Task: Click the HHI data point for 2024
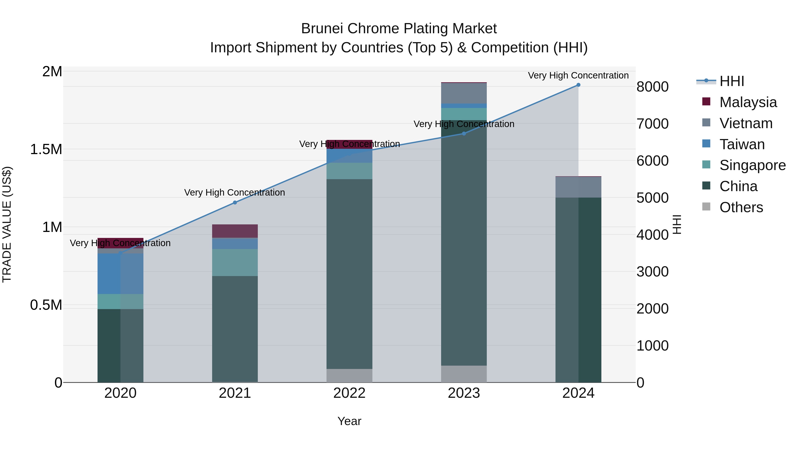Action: coord(578,85)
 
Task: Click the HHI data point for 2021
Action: coord(235,203)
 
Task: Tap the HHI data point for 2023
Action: coord(464,133)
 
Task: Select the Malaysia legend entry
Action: coord(748,102)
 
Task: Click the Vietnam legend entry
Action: coord(746,123)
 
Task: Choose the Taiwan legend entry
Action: coord(742,144)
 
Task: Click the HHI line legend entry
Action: coord(731,81)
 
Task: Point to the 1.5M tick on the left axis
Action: coord(46,149)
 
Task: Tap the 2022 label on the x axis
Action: coord(349,393)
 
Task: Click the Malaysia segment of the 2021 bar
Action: coord(235,231)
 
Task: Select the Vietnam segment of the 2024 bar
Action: coord(578,187)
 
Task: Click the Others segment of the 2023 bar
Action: coord(464,374)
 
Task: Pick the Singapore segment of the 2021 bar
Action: coord(235,263)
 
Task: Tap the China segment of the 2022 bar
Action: coord(349,274)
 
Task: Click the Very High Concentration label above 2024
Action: coord(578,75)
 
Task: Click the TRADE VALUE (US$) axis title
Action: coord(7,224)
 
